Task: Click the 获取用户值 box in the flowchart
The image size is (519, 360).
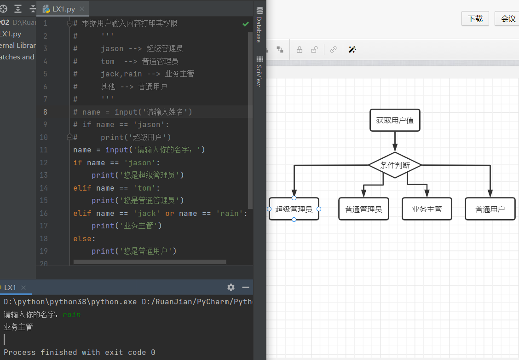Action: tap(395, 120)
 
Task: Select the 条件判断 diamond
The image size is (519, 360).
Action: tap(395, 165)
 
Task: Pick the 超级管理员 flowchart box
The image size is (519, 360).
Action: tap(294, 209)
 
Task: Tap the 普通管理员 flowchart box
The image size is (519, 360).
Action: tap(363, 209)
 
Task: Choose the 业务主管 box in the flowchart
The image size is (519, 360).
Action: tap(427, 209)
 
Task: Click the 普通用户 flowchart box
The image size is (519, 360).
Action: tap(490, 209)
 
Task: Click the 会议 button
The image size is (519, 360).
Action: tap(507, 18)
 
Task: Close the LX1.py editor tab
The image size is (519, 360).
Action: tap(82, 9)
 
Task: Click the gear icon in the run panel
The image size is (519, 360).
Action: tap(231, 287)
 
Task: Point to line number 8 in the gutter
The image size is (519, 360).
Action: tap(46, 112)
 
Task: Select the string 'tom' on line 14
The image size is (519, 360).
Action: tap(144, 188)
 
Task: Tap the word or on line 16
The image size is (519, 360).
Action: tap(169, 213)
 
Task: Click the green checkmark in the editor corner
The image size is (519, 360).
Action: tap(246, 24)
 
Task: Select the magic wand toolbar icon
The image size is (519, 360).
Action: tap(352, 50)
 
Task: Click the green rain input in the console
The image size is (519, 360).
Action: tap(71, 314)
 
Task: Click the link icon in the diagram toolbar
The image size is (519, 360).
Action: tap(333, 50)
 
